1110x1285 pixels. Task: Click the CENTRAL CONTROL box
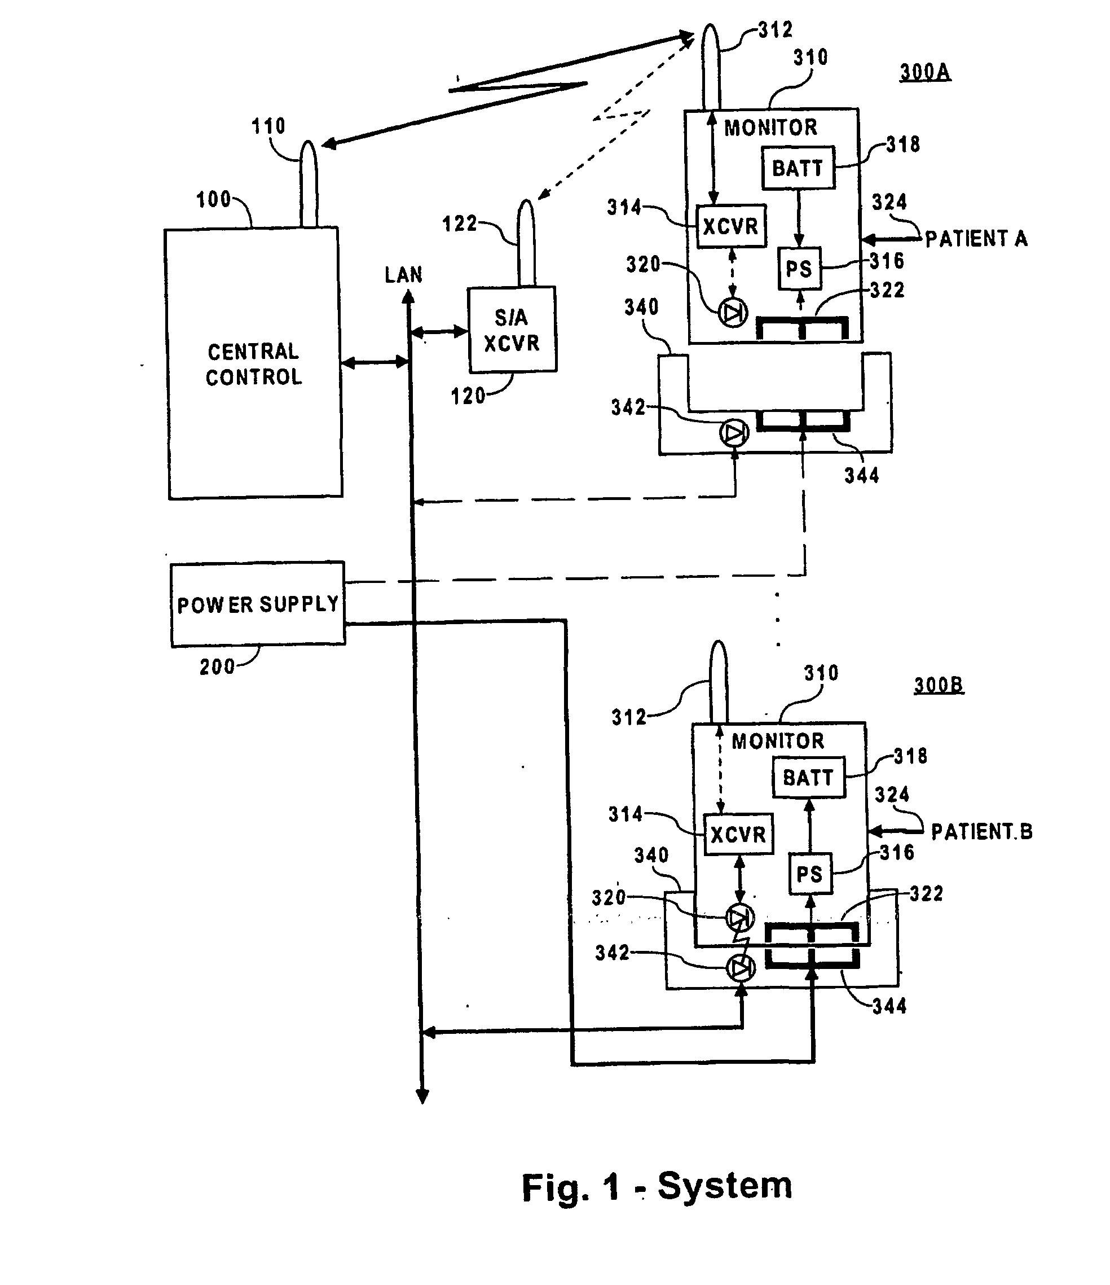[254, 364]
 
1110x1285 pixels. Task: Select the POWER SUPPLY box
[258, 604]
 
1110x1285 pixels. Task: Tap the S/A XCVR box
[512, 330]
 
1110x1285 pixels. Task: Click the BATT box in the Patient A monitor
[798, 168]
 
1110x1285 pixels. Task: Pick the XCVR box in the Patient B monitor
[739, 834]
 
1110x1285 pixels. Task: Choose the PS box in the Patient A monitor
[799, 269]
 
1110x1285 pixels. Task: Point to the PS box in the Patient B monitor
[809, 874]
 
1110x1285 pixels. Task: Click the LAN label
[403, 275]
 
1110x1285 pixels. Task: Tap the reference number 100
[213, 200]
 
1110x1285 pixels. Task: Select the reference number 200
[217, 666]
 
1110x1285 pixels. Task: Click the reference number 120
[468, 396]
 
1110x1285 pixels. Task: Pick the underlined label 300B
[939, 685]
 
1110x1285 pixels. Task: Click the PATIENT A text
[976, 239]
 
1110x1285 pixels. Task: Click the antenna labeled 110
[309, 184]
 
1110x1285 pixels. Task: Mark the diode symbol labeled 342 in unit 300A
[734, 433]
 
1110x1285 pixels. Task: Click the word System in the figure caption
[725, 1186]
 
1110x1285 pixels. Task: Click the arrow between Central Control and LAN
[375, 362]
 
